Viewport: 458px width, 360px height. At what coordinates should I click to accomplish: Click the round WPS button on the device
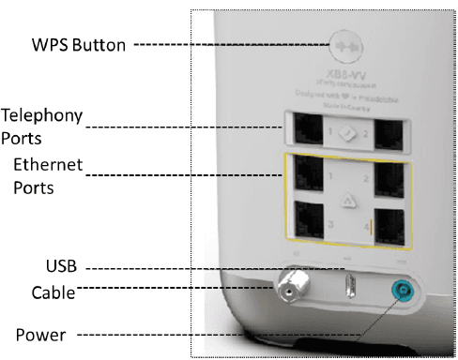click(344, 44)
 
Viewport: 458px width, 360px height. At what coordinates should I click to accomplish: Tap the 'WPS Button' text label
click(79, 44)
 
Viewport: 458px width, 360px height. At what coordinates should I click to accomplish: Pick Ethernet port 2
click(388, 174)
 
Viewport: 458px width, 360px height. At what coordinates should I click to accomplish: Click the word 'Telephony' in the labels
click(42, 116)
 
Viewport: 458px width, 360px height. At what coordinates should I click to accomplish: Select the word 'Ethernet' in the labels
click(48, 166)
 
